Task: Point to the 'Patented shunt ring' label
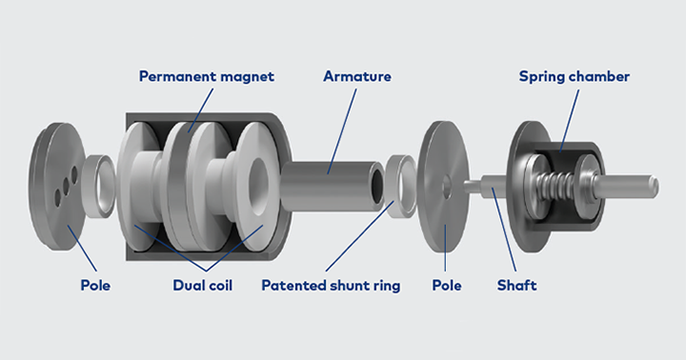click(331, 285)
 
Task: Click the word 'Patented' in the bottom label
click(292, 285)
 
